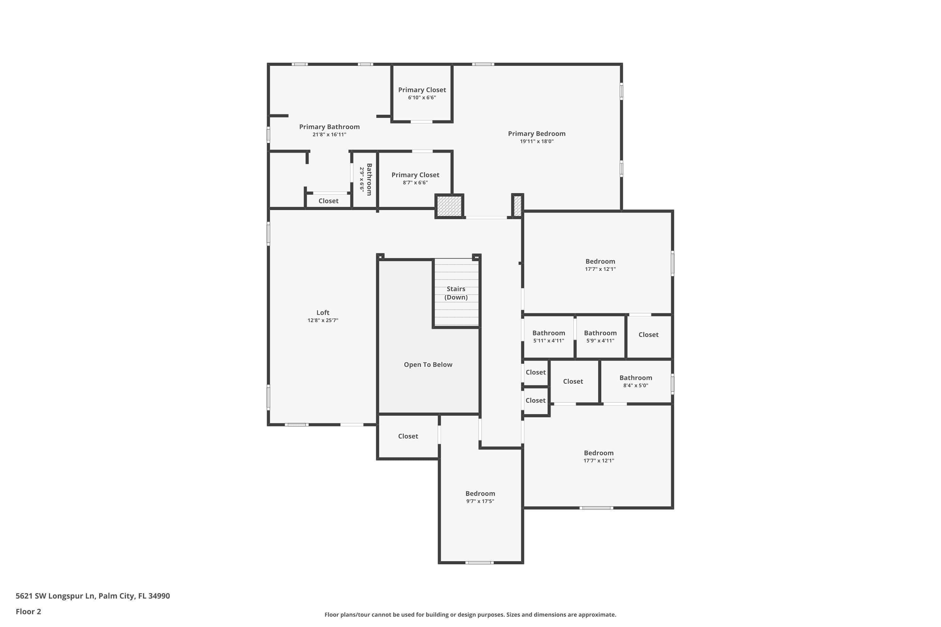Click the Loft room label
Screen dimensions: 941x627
pyautogui.click(x=323, y=313)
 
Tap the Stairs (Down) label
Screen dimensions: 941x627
pyautogui.click(x=456, y=293)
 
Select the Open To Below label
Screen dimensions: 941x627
pyautogui.click(x=428, y=365)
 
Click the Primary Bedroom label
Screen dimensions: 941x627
pyautogui.click(x=536, y=134)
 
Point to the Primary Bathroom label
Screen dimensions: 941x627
pyautogui.click(x=329, y=127)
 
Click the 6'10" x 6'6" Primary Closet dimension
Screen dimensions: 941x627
pyautogui.click(x=422, y=97)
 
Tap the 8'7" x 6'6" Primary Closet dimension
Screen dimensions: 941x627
pyautogui.click(x=415, y=183)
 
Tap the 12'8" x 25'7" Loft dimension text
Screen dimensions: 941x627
pyautogui.click(x=323, y=320)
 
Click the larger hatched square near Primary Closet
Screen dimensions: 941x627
pyautogui.click(x=449, y=206)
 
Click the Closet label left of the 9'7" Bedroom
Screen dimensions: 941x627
pyautogui.click(x=408, y=436)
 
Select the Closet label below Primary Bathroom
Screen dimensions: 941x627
pyautogui.click(x=328, y=201)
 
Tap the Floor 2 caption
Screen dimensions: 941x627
pyautogui.click(x=29, y=611)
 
